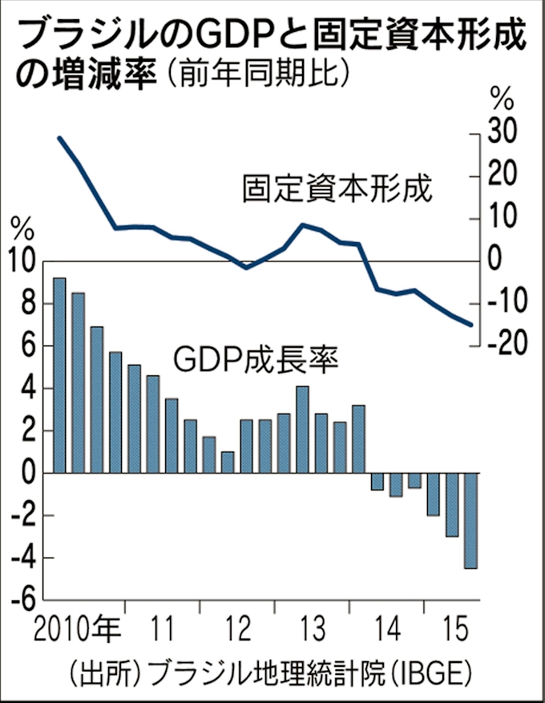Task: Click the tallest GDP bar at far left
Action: point(59,375)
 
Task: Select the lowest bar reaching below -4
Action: point(470,521)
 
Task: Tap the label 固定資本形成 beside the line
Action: point(337,190)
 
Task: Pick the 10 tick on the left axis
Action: point(22,261)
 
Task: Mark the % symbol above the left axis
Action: point(22,230)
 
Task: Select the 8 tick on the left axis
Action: point(29,304)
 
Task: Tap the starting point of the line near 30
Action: point(60,138)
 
